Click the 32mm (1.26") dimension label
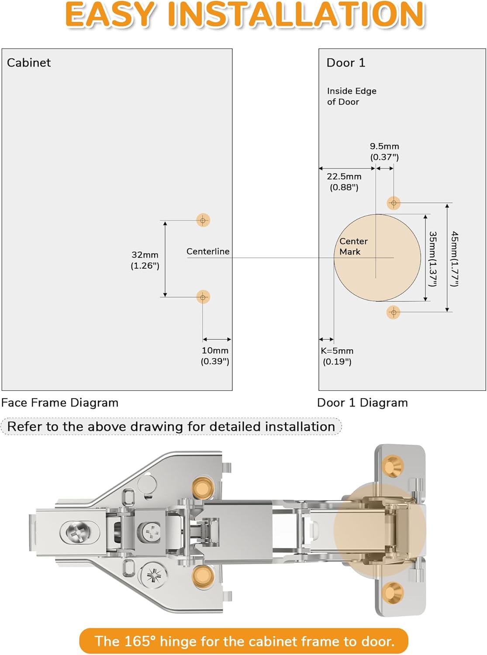(145, 260)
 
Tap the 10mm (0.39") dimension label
(215, 356)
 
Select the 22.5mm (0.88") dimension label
(344, 182)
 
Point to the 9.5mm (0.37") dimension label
(384, 152)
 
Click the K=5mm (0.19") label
(337, 356)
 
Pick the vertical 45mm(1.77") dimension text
(455, 259)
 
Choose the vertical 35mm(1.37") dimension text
(432, 259)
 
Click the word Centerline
(208, 252)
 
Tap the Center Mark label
(353, 246)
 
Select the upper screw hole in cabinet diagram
(203, 221)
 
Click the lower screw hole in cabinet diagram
(203, 297)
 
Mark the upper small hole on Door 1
(394, 203)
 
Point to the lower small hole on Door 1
(394, 312)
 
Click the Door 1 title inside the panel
(346, 63)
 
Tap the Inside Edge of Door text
(351, 96)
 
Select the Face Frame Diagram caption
(60, 403)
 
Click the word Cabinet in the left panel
(29, 63)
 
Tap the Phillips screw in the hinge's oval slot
(79, 532)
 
